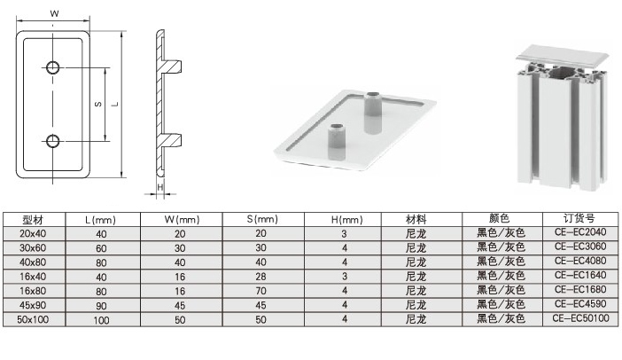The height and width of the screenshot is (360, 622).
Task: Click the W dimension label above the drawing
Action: click(54, 13)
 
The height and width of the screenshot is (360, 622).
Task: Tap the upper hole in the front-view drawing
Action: click(53, 67)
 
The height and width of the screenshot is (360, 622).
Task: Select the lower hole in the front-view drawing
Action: click(53, 141)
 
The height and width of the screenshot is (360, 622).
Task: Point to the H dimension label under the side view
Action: click(160, 187)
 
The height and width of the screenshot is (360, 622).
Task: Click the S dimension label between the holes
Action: click(98, 105)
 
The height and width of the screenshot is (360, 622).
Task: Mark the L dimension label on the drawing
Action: click(115, 104)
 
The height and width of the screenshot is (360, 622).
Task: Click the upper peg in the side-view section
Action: click(172, 67)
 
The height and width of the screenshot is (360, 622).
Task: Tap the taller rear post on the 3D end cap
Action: click(372, 113)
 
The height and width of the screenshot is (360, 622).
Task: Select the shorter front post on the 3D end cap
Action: click(337, 142)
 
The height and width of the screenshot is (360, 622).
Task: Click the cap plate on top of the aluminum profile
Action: click(563, 57)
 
